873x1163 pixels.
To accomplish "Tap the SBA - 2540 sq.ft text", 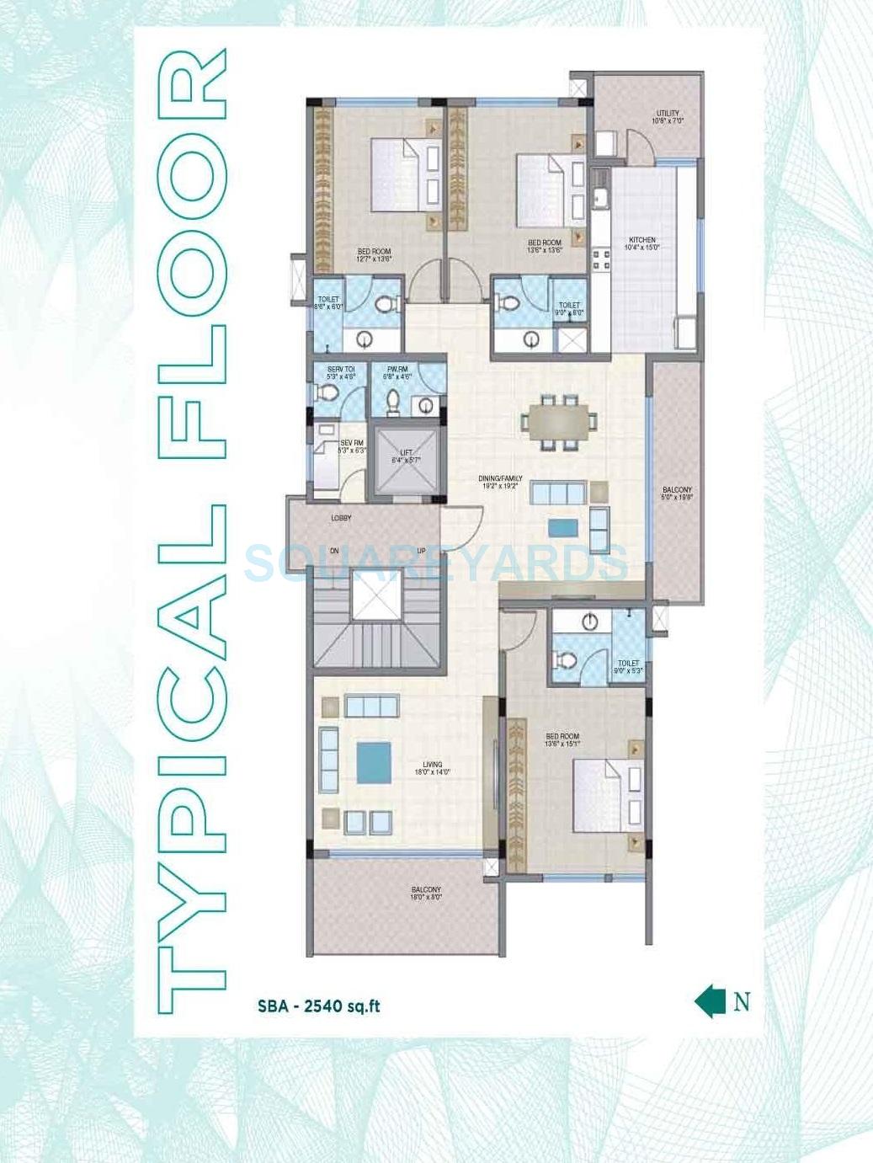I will click(319, 1006).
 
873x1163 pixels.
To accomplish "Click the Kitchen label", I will click(641, 243).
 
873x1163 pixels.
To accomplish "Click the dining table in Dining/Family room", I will click(559, 419).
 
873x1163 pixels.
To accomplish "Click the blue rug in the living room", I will click(374, 762).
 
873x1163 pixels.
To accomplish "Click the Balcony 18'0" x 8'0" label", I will click(426, 894).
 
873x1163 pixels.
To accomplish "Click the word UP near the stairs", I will click(422, 552).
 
